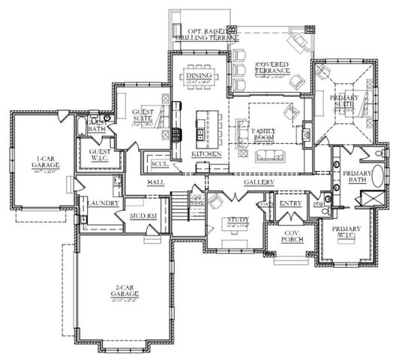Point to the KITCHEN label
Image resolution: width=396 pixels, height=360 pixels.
[205, 154]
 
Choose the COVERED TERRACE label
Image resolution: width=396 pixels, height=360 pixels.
[273, 68]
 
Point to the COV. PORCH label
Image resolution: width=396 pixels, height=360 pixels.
[287, 235]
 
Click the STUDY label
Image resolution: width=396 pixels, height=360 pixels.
[236, 219]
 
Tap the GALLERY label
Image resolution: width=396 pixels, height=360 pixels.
[259, 182]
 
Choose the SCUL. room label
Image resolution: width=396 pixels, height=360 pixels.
[158, 164]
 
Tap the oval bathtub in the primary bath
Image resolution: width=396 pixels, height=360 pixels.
[377, 177]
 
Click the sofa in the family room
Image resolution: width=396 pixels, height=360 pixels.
[268, 156]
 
